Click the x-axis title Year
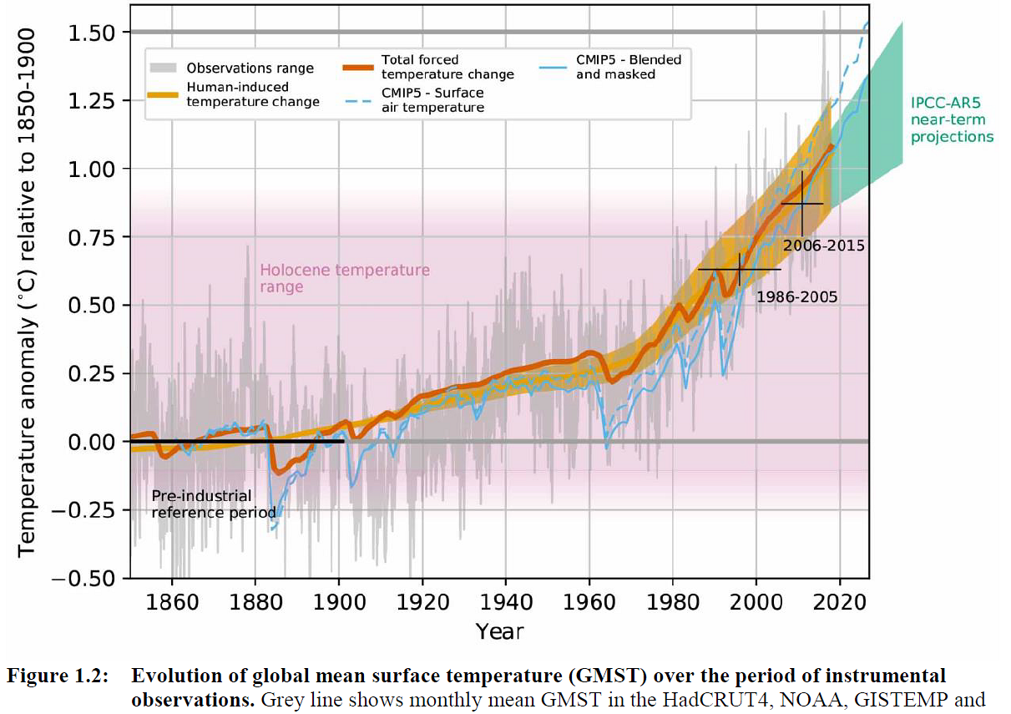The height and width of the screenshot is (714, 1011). pos(500,631)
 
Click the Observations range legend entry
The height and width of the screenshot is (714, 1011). pos(250,68)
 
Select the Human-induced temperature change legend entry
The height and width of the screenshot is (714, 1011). pos(253,94)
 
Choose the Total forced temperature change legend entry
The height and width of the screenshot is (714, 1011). pos(447,67)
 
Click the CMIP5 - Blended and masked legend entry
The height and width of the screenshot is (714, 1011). pos(628,67)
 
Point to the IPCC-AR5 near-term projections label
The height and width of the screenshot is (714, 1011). pos(952,120)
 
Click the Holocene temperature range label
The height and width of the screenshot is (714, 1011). pos(345,278)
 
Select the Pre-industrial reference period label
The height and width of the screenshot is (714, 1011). pos(214,504)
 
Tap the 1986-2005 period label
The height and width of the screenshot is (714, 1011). pos(796,296)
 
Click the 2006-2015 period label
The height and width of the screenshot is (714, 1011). pos(823,246)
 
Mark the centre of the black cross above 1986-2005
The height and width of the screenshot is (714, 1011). pos(740,270)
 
